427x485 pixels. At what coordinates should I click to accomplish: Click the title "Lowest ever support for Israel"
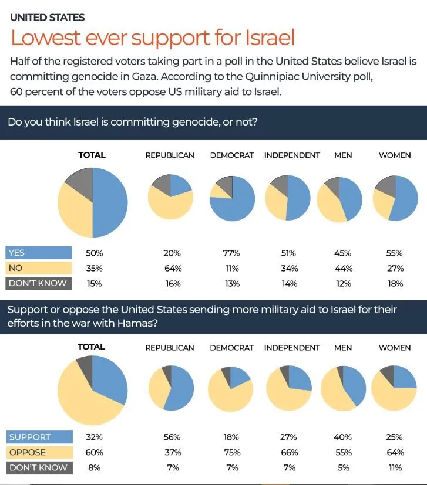coord(152,38)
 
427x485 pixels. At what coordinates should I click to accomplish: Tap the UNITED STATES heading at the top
coord(47,18)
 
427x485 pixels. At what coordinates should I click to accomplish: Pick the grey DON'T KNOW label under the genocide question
coord(38,283)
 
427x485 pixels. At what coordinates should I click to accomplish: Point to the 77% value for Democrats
coord(231,253)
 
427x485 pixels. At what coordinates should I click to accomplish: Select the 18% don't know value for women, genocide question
coord(395,284)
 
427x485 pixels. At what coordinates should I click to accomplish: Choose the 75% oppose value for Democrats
coord(231,453)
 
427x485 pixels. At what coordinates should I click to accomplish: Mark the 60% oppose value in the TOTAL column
coord(94,453)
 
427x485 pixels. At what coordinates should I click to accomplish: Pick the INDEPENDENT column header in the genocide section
coord(292,155)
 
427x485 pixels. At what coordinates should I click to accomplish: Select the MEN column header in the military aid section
coord(342,348)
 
